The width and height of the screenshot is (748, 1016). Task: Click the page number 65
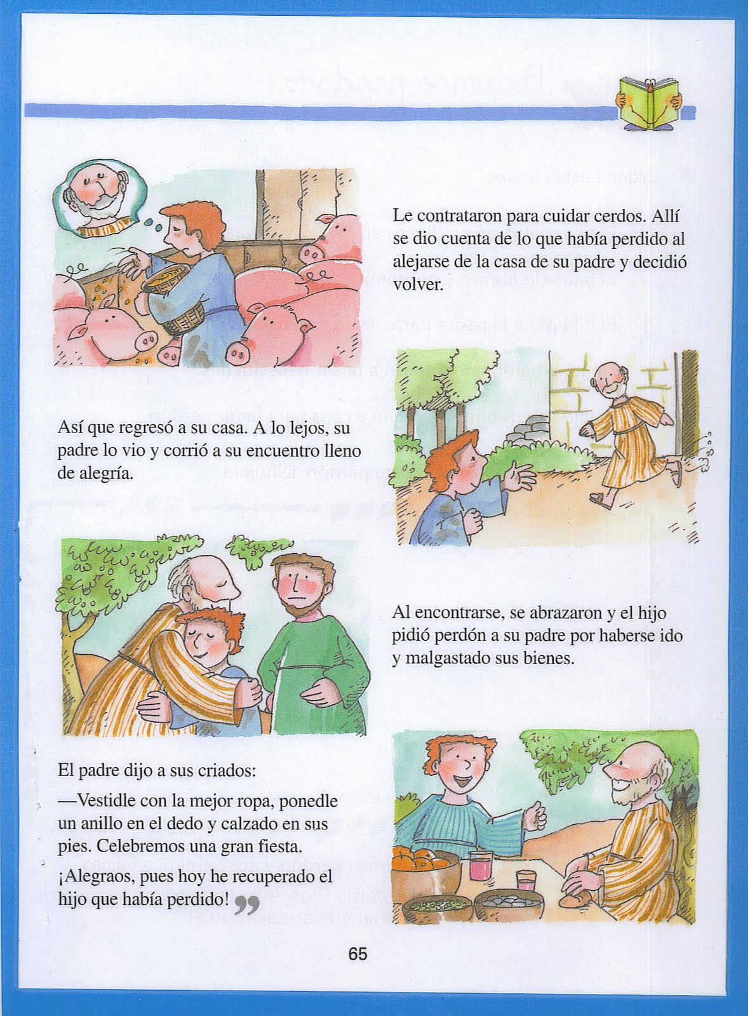pyautogui.click(x=357, y=954)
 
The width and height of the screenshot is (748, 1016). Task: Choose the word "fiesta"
pyautogui.click(x=274, y=846)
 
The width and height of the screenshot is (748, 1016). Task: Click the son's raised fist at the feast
pyautogui.click(x=537, y=815)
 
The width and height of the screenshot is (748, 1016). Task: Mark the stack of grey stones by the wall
pyautogui.click(x=535, y=432)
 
